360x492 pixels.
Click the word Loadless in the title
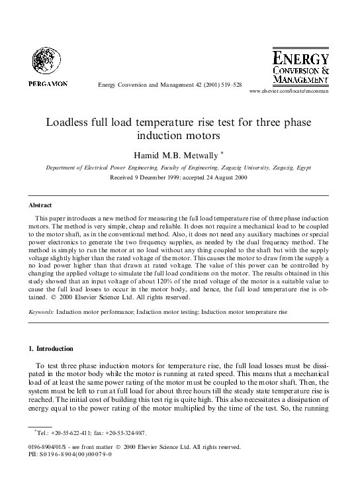click(x=69, y=123)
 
